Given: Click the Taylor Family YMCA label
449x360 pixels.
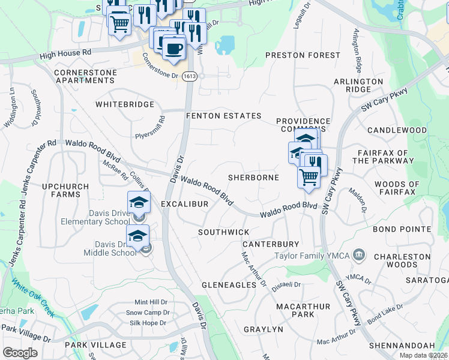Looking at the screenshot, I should [312, 256].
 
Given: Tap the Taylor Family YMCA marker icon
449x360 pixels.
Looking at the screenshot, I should [360, 256].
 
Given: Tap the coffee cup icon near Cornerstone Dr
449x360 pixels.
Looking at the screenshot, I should [173, 47].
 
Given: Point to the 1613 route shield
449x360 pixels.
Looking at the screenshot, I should [190, 76].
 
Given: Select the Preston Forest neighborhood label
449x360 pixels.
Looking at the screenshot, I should [303, 55].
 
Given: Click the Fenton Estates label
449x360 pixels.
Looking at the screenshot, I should [223, 116].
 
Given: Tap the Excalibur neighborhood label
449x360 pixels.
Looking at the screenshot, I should [184, 204].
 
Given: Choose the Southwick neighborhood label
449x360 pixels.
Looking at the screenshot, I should [223, 232].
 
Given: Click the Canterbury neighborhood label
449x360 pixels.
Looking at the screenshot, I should [270, 244].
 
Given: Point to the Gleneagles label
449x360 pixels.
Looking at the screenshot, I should [229, 284].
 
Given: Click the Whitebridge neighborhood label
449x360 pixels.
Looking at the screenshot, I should [125, 104].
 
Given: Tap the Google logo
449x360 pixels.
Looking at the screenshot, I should [20, 352].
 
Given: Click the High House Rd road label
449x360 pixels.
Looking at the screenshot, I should [65, 53].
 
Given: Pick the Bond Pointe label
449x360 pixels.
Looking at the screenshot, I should [402, 229].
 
